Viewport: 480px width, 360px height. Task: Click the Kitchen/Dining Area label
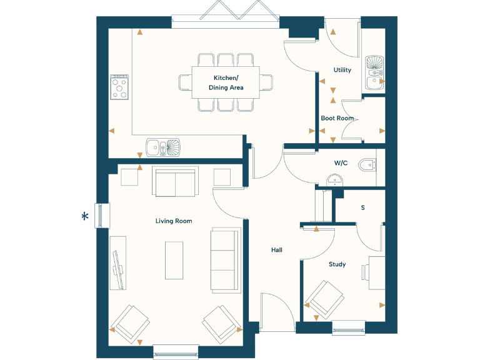(x=226, y=82)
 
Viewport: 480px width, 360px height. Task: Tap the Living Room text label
(x=174, y=221)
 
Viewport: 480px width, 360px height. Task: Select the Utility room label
(x=342, y=70)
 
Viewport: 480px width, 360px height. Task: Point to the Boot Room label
(x=337, y=118)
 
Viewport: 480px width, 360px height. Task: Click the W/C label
(x=341, y=163)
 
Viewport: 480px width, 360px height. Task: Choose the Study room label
(x=337, y=264)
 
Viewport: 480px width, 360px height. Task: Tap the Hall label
(x=276, y=250)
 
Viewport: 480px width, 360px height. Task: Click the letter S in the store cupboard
(x=362, y=207)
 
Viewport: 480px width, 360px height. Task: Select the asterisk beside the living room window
(x=85, y=216)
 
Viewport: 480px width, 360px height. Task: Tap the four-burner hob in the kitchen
(x=119, y=87)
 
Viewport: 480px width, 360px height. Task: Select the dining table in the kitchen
(x=226, y=82)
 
